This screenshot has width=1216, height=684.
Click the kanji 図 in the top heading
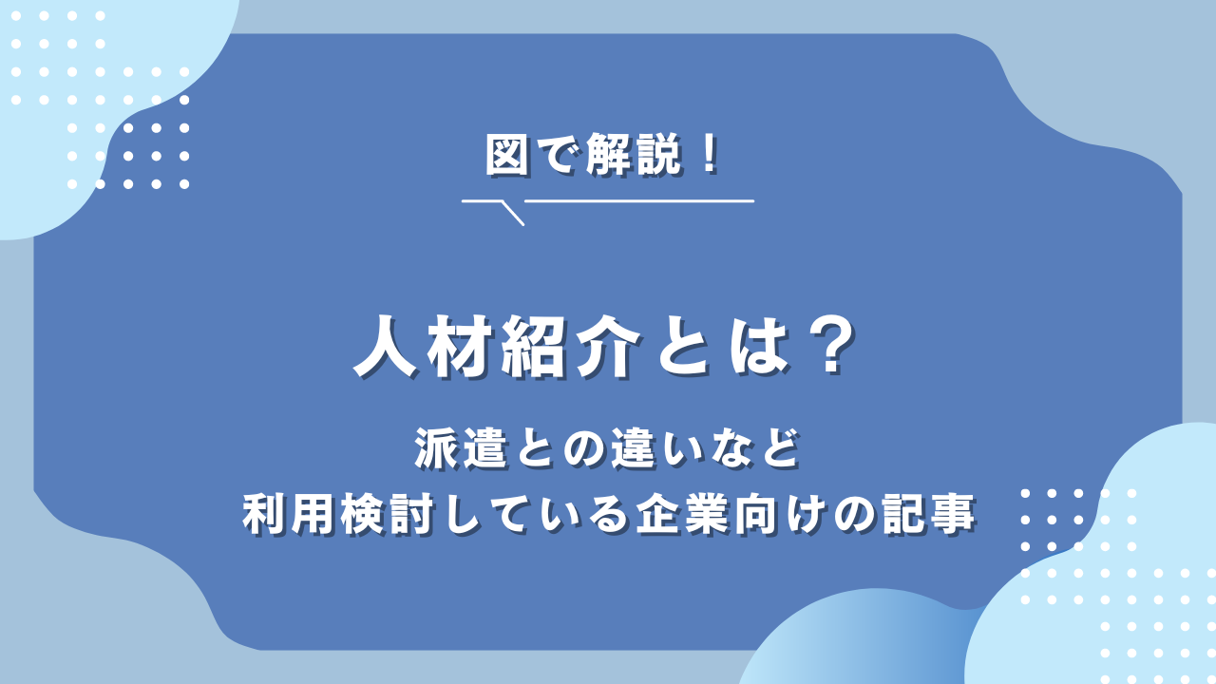point(506,155)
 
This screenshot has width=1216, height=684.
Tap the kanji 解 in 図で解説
point(607,155)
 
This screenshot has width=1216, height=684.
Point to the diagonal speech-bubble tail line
point(512,214)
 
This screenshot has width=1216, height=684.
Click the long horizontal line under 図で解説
point(639,200)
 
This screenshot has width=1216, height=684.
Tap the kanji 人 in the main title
point(386,347)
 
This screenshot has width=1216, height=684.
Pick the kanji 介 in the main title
point(607,347)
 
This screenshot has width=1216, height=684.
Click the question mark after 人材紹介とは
point(830,347)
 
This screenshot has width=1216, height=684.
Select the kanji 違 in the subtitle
point(633,448)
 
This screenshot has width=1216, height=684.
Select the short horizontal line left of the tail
point(481,200)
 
